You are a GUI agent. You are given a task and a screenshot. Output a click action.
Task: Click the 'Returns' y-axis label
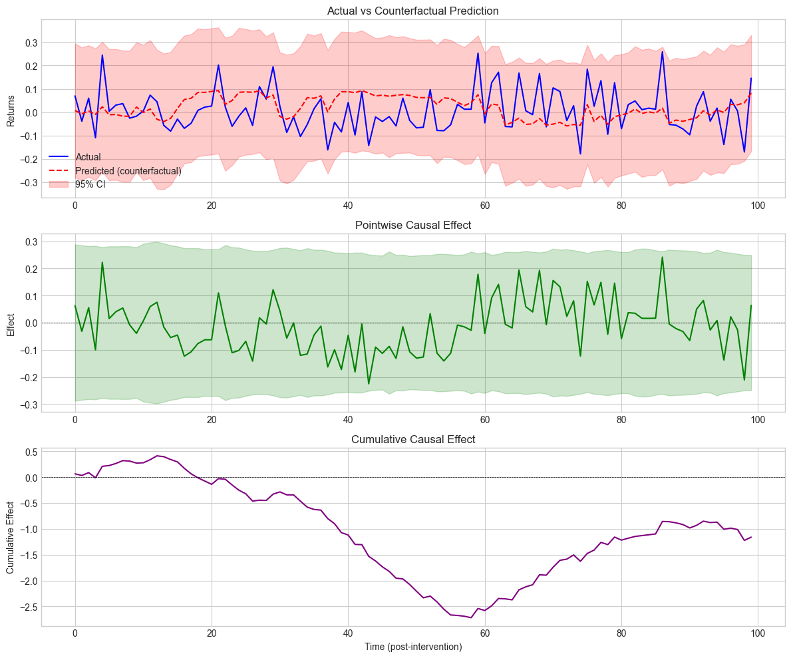coord(11,108)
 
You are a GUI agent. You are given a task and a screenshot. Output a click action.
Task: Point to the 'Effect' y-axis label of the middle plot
coord(11,323)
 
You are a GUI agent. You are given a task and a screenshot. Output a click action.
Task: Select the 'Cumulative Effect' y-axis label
coord(11,538)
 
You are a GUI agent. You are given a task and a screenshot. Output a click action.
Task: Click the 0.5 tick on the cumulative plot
coord(29,452)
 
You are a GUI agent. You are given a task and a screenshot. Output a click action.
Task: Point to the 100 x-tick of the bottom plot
coord(758,637)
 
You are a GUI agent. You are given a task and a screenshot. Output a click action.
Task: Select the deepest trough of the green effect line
coord(369,384)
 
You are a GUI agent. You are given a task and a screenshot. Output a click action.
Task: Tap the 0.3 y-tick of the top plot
coord(29,43)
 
